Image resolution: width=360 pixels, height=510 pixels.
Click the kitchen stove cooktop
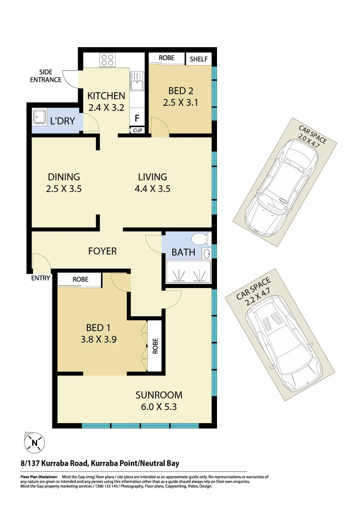107,60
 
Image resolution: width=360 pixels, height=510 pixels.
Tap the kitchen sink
137,82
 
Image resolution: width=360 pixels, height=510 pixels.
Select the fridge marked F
137,118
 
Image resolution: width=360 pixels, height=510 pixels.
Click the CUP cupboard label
137,130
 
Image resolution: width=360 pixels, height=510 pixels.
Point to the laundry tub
38,116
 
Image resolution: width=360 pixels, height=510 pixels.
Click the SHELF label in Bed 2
199,59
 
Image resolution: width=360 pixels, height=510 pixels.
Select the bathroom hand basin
207,254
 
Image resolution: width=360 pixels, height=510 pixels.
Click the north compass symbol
34,443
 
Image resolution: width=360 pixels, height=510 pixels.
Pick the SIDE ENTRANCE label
46,76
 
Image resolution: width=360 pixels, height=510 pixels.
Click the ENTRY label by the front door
41,278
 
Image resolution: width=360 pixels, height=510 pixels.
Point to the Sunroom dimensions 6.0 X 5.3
159,407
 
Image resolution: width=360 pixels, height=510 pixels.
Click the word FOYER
102,251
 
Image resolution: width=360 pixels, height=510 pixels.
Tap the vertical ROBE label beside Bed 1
155,346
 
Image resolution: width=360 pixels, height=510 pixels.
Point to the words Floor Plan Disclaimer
38,477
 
